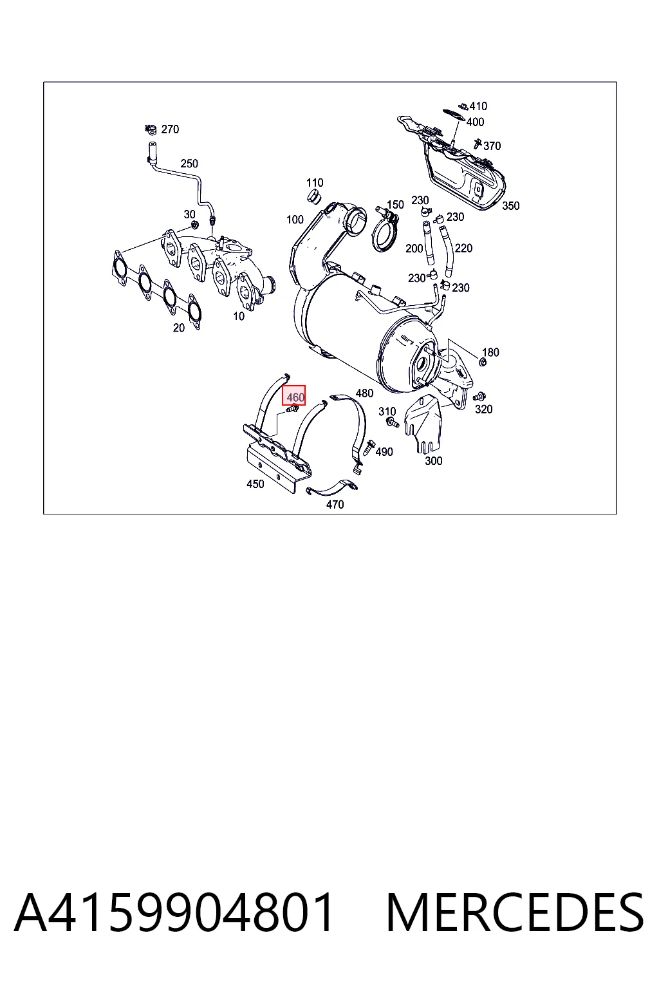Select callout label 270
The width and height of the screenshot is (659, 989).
click(x=170, y=129)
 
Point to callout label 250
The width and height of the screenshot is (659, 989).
click(x=189, y=164)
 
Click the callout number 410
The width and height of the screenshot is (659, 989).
click(x=478, y=106)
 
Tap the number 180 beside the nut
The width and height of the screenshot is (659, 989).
click(x=490, y=352)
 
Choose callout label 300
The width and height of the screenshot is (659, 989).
click(x=434, y=461)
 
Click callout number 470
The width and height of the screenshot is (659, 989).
click(x=335, y=504)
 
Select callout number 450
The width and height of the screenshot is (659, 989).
click(x=255, y=484)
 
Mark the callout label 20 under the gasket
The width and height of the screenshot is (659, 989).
click(x=179, y=328)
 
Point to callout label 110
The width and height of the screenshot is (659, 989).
click(x=315, y=183)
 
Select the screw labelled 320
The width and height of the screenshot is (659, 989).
click(x=478, y=396)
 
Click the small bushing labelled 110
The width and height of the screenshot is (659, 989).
click(x=314, y=196)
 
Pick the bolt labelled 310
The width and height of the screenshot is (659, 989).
click(x=391, y=423)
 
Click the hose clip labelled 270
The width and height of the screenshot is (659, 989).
click(x=151, y=129)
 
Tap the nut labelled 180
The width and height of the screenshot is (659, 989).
click(x=483, y=363)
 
